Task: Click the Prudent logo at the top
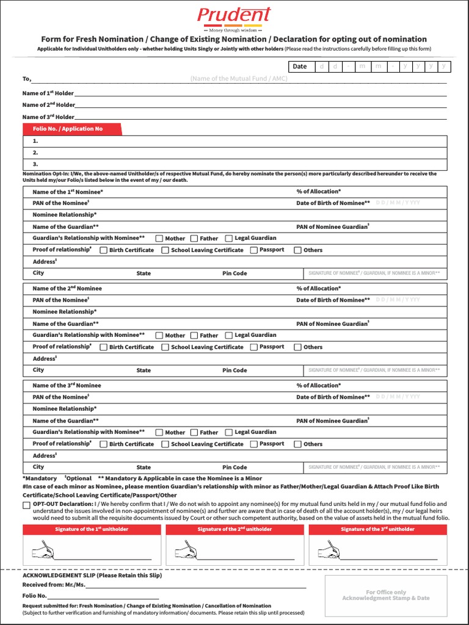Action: (x=234, y=19)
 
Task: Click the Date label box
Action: (x=300, y=67)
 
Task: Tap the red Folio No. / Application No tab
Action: (x=72, y=129)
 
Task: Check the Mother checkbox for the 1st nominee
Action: (x=159, y=239)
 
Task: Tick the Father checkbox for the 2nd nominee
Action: (x=194, y=335)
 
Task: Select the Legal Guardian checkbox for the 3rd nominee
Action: (x=229, y=432)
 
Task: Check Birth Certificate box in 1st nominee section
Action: (x=103, y=250)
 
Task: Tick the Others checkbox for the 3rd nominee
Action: (x=297, y=444)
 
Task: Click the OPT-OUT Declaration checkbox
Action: (x=26, y=505)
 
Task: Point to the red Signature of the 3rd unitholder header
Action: (x=377, y=529)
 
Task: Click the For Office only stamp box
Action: (x=385, y=595)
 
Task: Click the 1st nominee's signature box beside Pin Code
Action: (x=374, y=273)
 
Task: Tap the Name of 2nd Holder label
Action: (x=48, y=105)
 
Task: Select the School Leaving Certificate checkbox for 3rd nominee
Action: (x=165, y=444)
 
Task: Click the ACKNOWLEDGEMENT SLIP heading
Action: (x=92, y=576)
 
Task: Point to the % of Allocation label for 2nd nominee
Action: (x=318, y=288)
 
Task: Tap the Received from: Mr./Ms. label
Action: (x=54, y=585)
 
